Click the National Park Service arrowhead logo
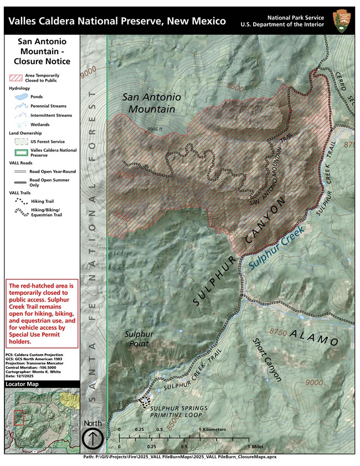(341, 20)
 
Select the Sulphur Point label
(138, 339)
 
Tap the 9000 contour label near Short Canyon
(313, 383)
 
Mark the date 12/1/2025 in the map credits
(26, 375)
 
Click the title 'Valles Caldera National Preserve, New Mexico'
(117, 21)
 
